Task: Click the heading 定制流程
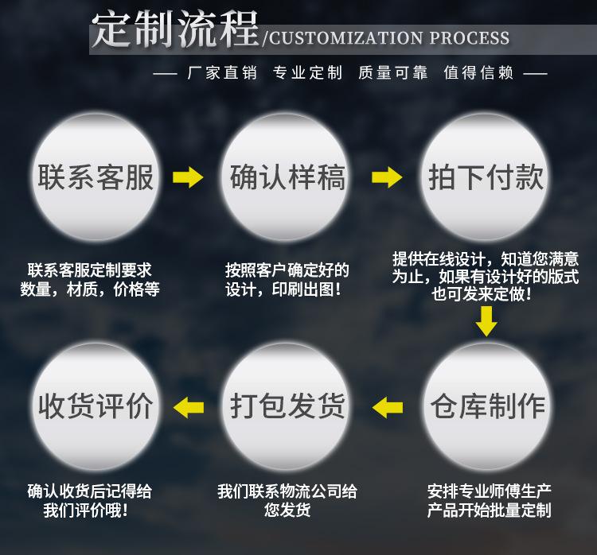coord(174,31)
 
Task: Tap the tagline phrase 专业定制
coord(307,73)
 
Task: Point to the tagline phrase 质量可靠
coord(392,73)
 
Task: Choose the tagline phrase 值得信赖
coord(478,73)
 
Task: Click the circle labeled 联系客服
coord(96,177)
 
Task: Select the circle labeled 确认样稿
coord(287,177)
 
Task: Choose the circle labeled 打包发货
coord(287,406)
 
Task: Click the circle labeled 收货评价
coord(96,406)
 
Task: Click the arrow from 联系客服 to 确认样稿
coord(189,177)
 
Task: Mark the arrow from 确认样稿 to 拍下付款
coord(387,177)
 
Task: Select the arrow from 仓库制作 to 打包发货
coord(388,407)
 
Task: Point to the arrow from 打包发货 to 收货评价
coord(189,407)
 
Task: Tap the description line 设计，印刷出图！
coord(287,289)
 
